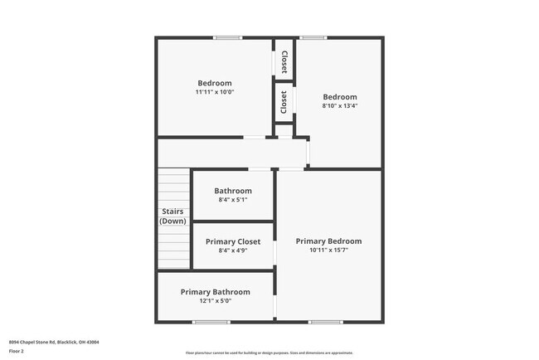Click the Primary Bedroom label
(328, 241)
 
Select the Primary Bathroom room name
(215, 292)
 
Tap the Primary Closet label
(233, 241)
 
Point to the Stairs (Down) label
(173, 216)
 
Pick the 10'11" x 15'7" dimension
(328, 251)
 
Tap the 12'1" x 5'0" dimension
(215, 301)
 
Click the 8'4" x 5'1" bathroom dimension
(233, 200)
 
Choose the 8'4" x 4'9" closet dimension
(233, 251)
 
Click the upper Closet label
(284, 61)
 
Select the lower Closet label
(284, 102)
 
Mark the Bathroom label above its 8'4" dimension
(233, 191)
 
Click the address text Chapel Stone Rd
(54, 341)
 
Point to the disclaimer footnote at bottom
(269, 353)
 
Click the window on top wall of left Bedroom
(227, 37)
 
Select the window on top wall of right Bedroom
(313, 37)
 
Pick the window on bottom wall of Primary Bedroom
(325, 322)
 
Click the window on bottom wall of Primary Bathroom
(211, 322)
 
